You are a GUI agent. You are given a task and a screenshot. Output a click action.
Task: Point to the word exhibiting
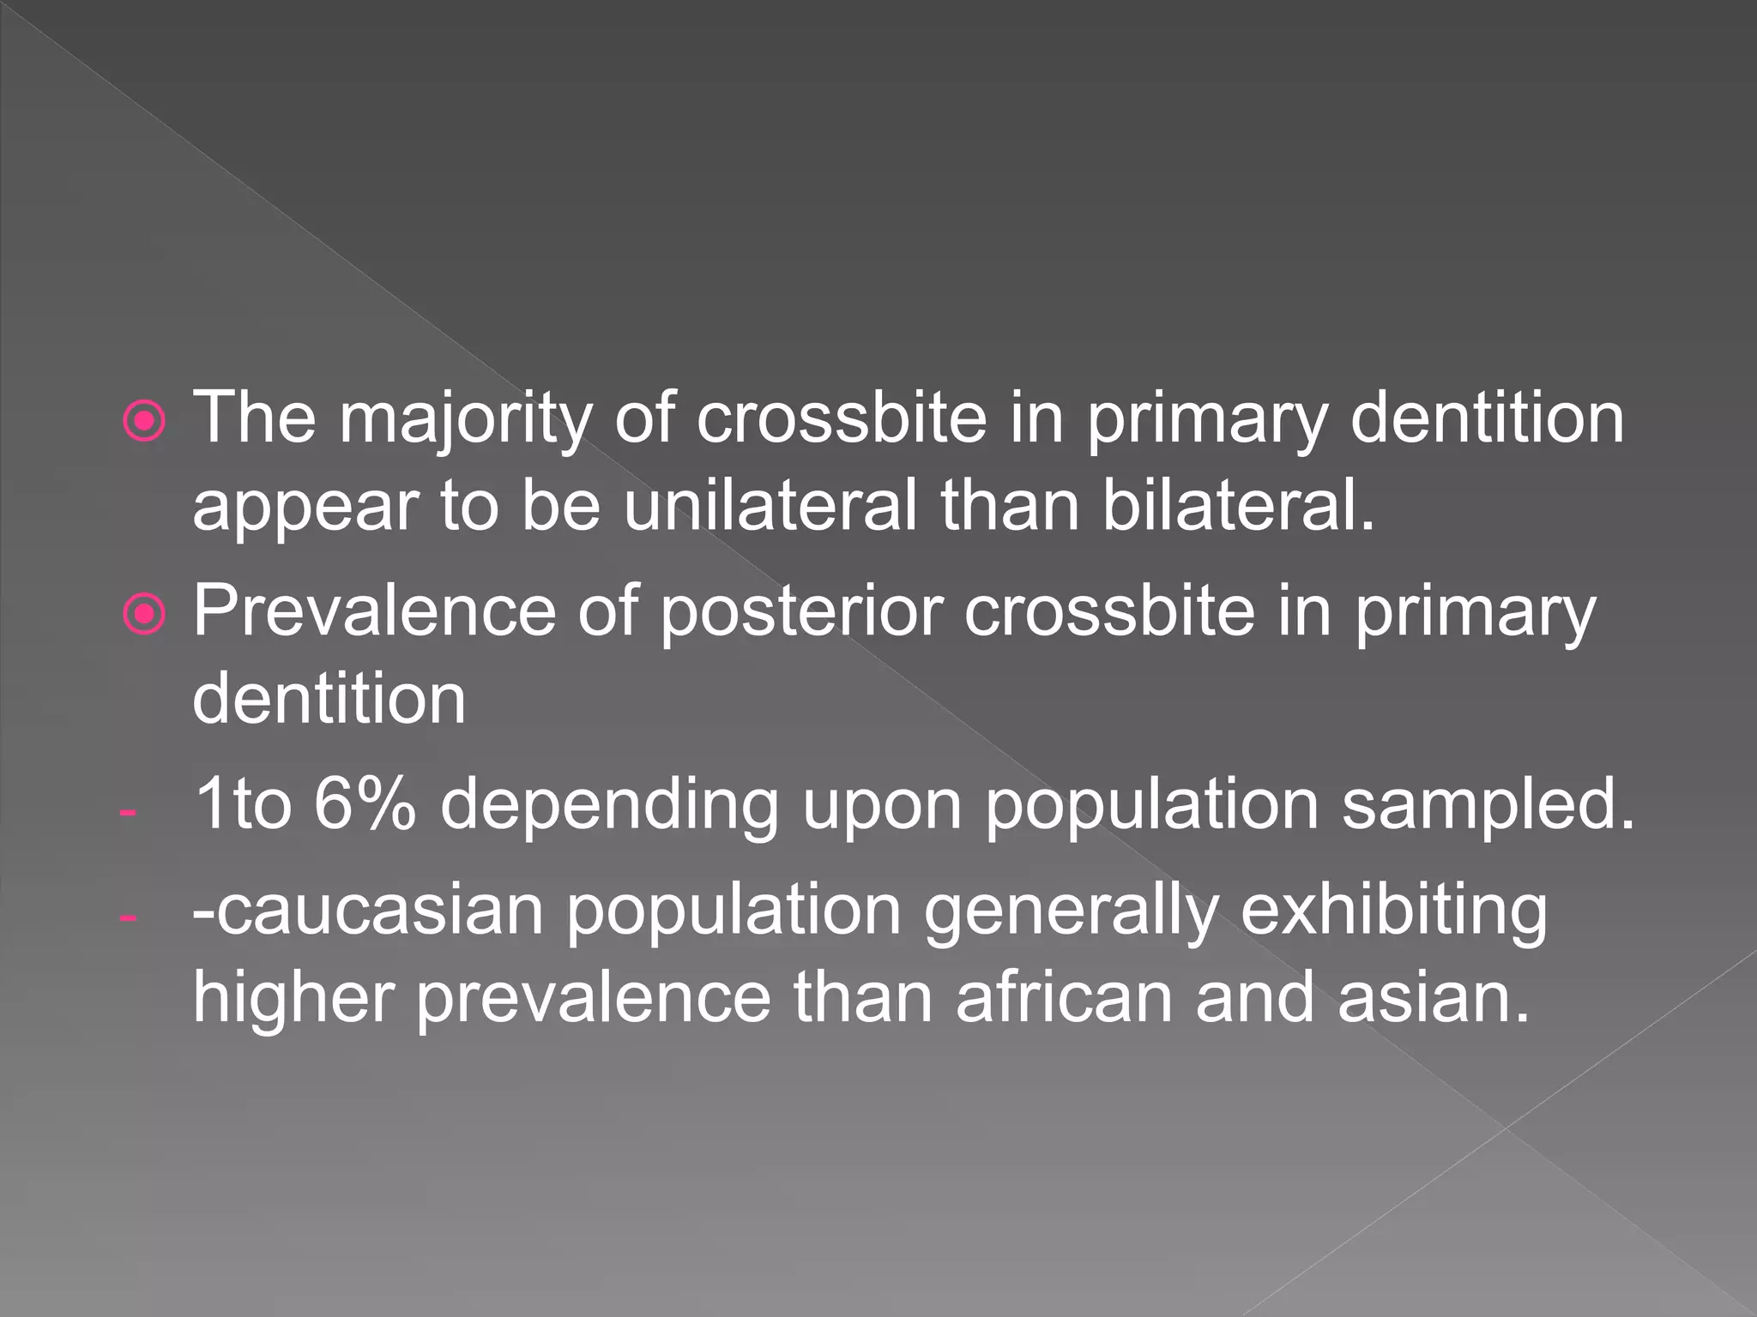[x=1394, y=911]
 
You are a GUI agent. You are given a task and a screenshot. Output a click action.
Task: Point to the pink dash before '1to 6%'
[x=128, y=810]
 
